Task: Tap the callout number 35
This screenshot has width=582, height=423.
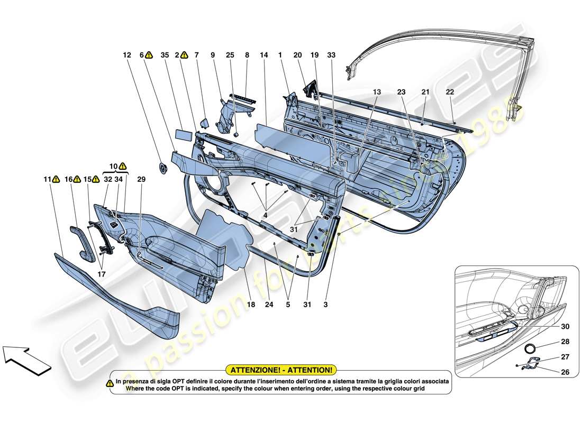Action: pyautogui.click(x=165, y=54)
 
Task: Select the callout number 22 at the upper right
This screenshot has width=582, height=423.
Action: pyautogui.click(x=450, y=91)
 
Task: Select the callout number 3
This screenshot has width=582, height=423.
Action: pyautogui.click(x=326, y=305)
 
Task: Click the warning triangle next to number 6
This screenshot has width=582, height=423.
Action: pyautogui.click(x=149, y=54)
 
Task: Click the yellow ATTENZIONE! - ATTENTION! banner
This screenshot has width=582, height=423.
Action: pyautogui.click(x=281, y=371)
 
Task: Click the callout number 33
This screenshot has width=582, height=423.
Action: pyautogui.click(x=331, y=54)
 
